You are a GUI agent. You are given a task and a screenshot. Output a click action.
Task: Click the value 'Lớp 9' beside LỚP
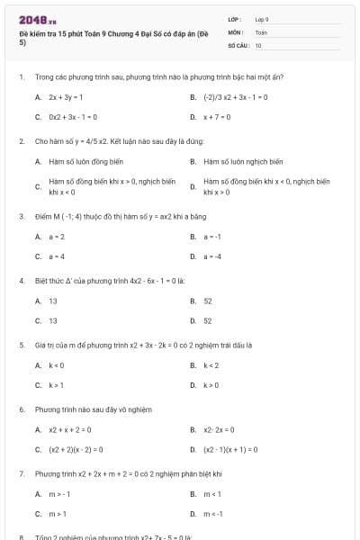[x=262, y=19]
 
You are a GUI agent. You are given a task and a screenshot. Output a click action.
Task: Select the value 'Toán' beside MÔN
[x=261, y=31]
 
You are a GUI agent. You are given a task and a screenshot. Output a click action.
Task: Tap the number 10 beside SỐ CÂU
[x=258, y=44]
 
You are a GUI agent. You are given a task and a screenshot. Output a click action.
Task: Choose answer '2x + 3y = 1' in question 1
[x=66, y=96]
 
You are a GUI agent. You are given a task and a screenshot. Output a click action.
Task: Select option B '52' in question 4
[x=208, y=301]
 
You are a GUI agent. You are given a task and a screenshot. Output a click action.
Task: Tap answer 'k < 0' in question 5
[x=56, y=365]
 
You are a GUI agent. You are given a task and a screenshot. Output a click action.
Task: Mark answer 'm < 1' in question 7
[x=213, y=494]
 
